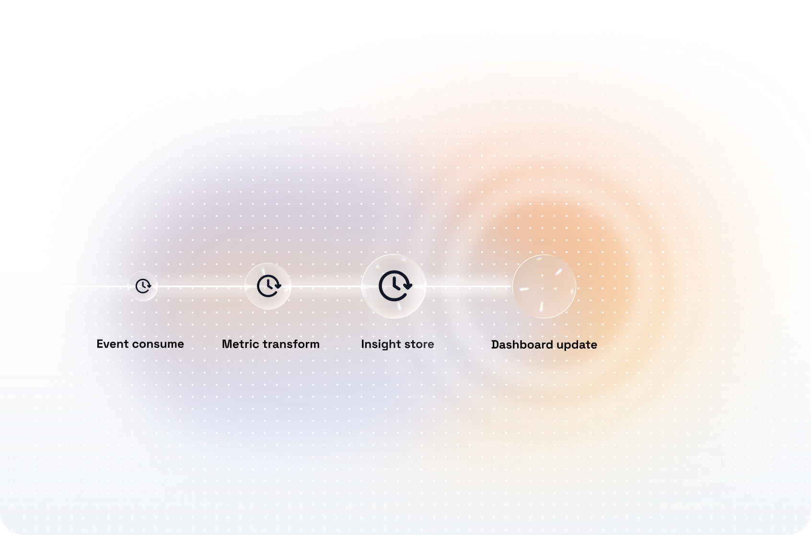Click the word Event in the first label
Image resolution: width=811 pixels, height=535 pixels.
[x=113, y=344]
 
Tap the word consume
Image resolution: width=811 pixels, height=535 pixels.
[x=158, y=344]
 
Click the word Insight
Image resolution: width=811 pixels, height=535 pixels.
[x=381, y=344]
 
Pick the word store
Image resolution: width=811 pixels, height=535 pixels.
[x=419, y=344]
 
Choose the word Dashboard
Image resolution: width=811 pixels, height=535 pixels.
[x=522, y=345]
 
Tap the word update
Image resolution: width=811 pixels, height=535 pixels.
[x=577, y=345]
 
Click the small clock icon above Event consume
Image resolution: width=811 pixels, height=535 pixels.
[x=143, y=286]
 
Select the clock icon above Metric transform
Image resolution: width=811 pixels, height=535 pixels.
[x=268, y=286]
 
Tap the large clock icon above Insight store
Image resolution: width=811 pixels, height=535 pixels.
[x=394, y=286]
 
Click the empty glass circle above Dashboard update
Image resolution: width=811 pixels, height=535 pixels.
[x=544, y=286]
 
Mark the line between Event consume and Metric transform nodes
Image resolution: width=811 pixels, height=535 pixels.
[x=201, y=286]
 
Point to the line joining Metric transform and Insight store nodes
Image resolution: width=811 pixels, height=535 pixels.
[x=326, y=286]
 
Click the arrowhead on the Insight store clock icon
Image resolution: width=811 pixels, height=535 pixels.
[x=408, y=286]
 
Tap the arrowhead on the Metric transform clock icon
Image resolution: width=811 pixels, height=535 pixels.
[x=278, y=286]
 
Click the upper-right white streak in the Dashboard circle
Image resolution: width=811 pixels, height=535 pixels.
[x=559, y=272]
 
